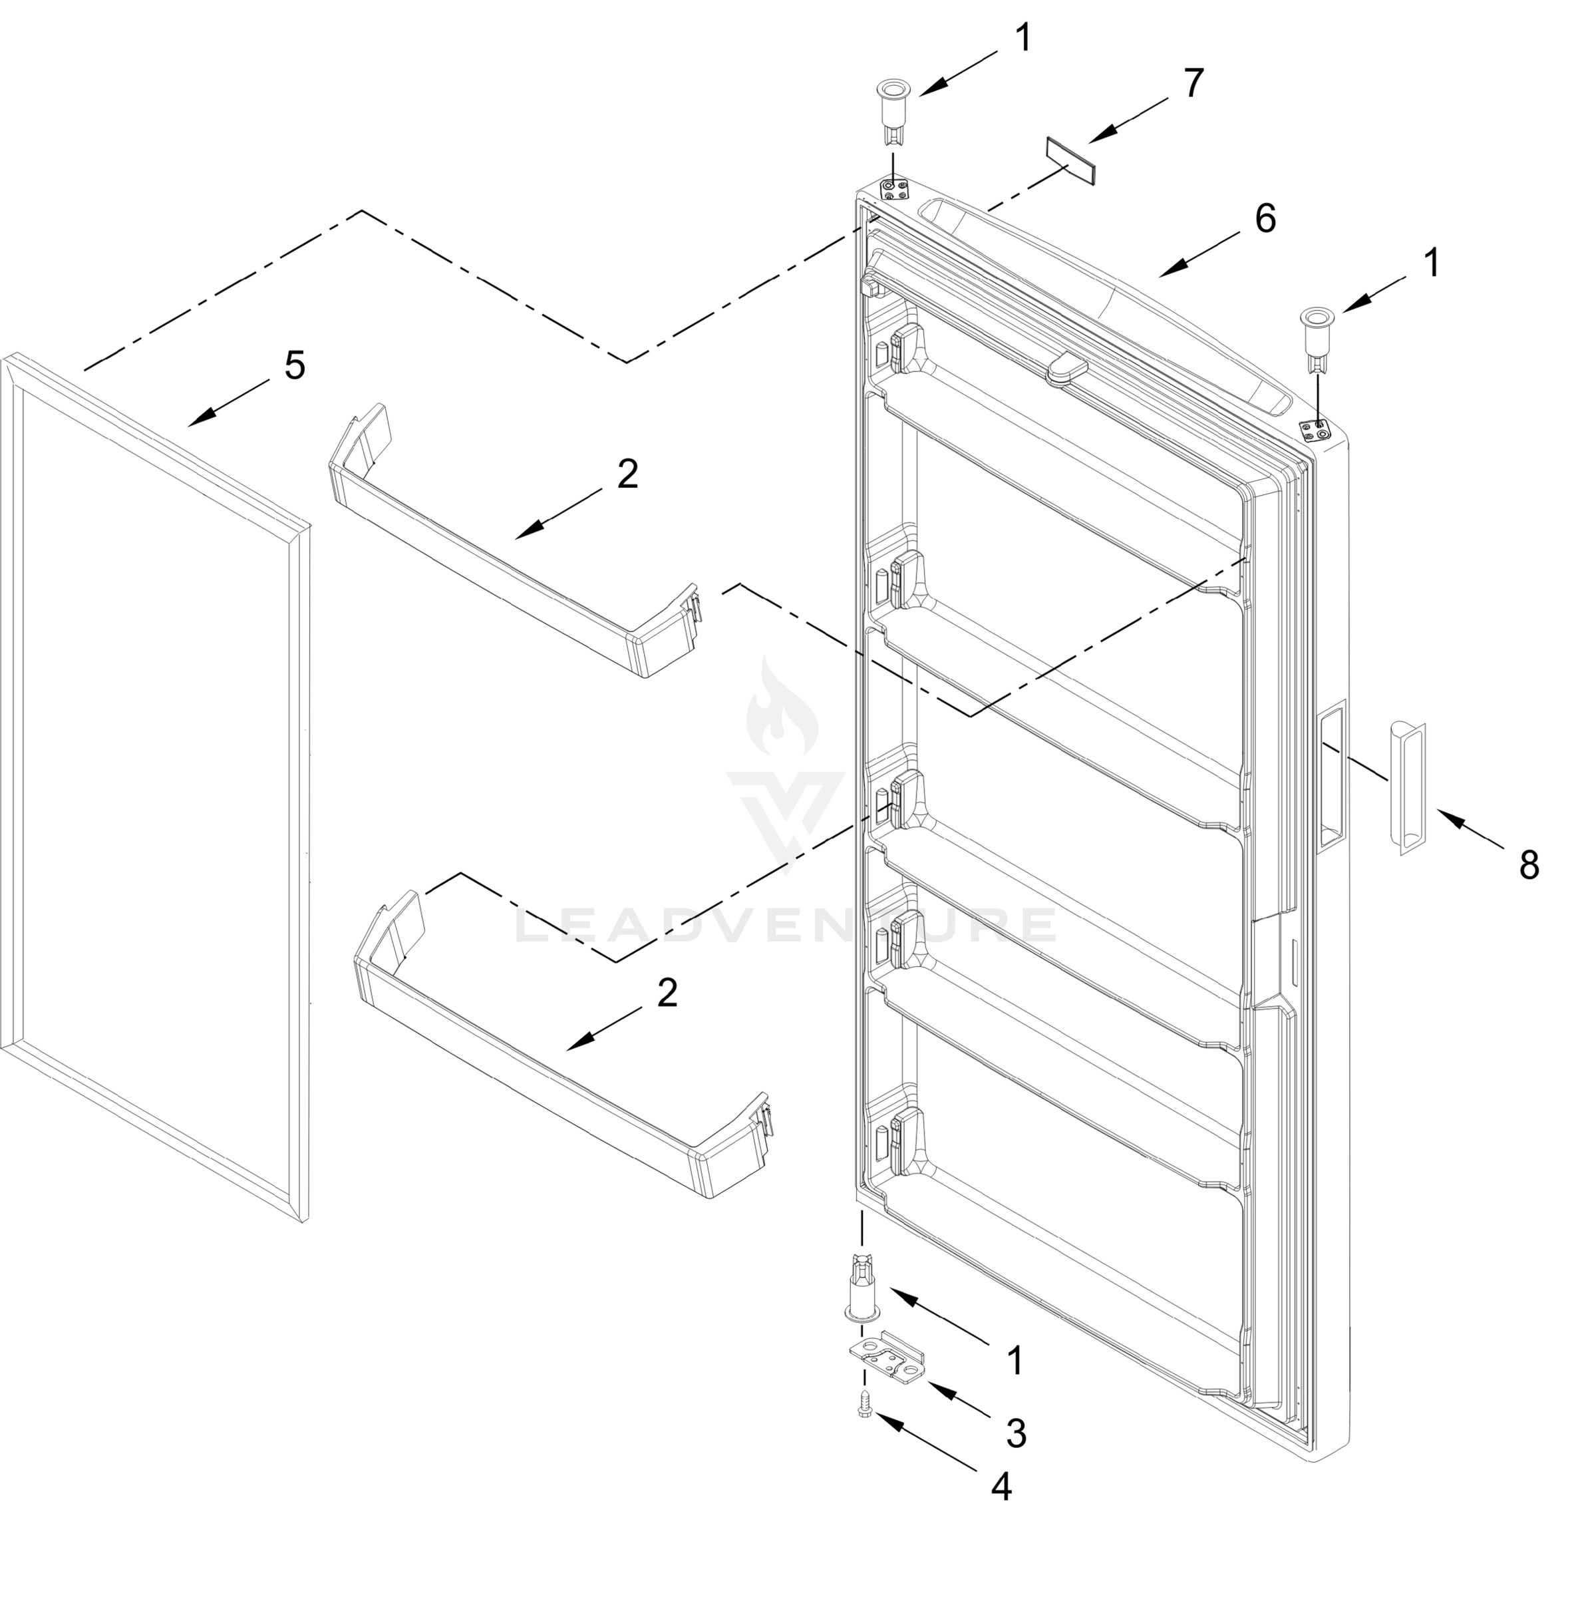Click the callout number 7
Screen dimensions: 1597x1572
1193,83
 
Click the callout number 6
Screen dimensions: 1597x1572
1265,218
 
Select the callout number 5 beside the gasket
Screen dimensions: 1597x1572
295,365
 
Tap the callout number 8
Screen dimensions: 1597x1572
1529,866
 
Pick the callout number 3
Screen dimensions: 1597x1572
1017,1435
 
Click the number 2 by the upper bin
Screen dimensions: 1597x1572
627,475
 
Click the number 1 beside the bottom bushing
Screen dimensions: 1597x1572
1016,1361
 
